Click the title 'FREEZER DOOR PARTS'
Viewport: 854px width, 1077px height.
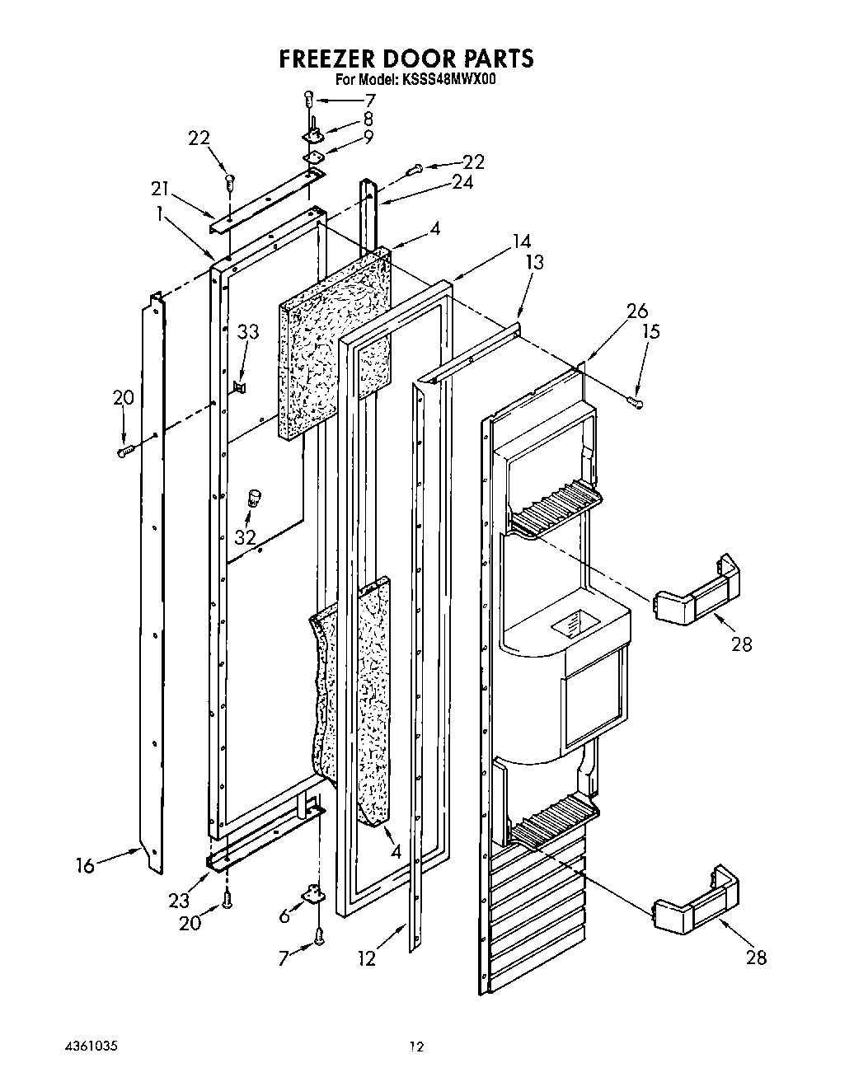pos(406,59)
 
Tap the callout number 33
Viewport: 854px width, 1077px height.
pos(247,333)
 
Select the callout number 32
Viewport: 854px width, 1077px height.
pos(245,537)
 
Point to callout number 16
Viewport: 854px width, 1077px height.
pos(84,864)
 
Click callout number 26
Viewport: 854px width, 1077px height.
pos(637,311)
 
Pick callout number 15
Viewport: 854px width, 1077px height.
pos(651,331)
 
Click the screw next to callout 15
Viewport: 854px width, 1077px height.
pos(636,401)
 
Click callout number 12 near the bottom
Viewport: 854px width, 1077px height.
pos(367,958)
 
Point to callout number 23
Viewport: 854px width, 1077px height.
pos(179,901)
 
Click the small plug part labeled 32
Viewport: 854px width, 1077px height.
pos(255,498)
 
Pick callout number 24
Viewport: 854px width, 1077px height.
pos(462,183)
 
